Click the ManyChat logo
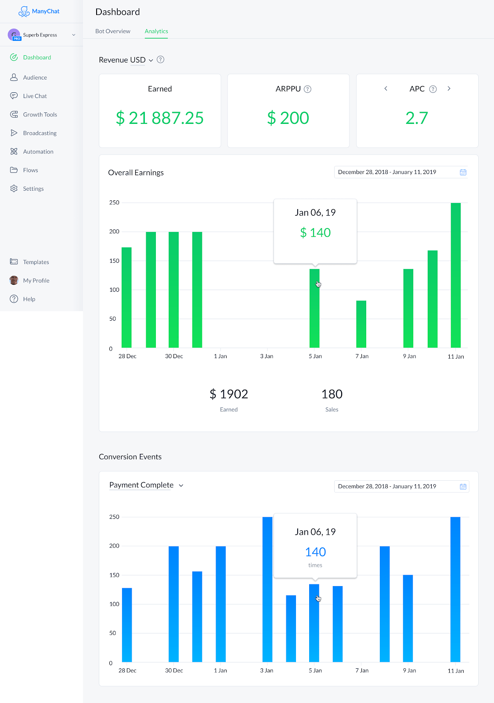pos(39,11)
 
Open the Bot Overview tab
pos(112,31)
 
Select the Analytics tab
pos(156,31)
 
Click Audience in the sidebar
pos(35,77)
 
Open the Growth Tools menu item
pos(40,114)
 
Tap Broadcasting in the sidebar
pos(40,133)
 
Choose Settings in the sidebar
pos(33,188)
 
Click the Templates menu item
pos(36,262)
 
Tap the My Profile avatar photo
pos(14,280)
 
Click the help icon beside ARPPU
pos(308,89)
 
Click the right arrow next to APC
pos(449,89)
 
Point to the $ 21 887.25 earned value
pos(160,118)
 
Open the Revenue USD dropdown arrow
pos(151,60)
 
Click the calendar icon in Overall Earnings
pos(463,172)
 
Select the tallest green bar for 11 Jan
pos(456,275)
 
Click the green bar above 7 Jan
pos(361,324)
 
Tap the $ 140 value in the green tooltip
pos(315,232)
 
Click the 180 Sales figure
pos(332,394)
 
